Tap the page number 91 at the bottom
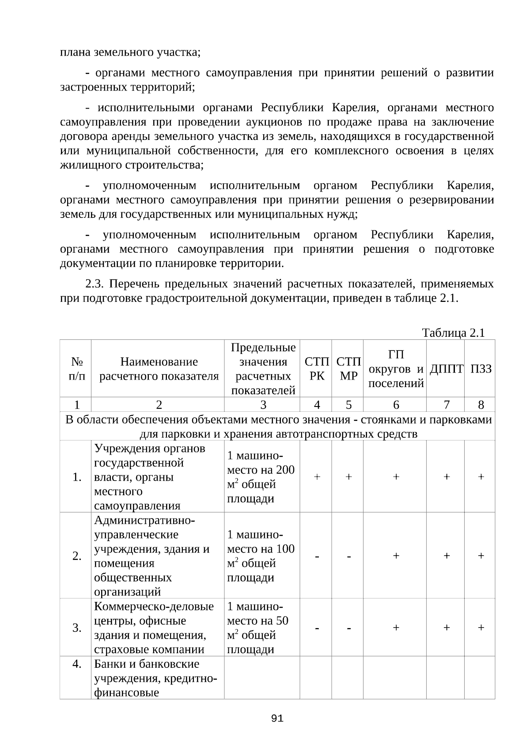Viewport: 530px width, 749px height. (x=277, y=718)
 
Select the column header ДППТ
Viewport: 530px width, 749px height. (x=446, y=369)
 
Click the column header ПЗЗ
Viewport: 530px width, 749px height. (x=481, y=369)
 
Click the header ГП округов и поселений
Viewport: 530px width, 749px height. (x=396, y=369)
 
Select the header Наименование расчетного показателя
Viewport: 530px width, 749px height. (x=159, y=369)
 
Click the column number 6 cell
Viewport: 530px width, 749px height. (x=396, y=405)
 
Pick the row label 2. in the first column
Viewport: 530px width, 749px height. (x=77, y=556)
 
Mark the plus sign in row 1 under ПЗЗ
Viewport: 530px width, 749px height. (x=481, y=477)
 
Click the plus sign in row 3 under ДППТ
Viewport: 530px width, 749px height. (x=447, y=628)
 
